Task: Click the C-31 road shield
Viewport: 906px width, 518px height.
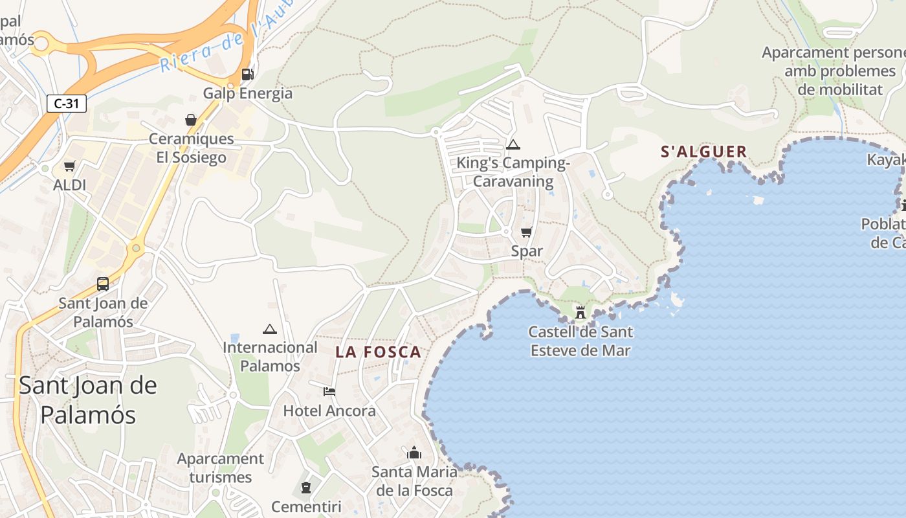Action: tap(67, 103)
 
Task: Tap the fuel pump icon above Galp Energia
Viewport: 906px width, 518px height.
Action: tap(247, 74)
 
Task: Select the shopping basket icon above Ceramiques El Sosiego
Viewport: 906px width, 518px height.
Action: tap(191, 120)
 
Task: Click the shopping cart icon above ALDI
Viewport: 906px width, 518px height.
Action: tap(69, 166)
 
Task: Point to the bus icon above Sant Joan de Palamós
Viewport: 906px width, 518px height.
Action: tap(102, 284)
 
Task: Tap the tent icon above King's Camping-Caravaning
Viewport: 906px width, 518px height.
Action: tap(513, 144)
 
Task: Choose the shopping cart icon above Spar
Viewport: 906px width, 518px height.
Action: tap(526, 232)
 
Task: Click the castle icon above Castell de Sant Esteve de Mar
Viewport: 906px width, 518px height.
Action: tap(580, 313)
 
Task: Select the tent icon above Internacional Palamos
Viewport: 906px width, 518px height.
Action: tap(270, 329)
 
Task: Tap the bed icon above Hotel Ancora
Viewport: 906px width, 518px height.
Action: tap(329, 392)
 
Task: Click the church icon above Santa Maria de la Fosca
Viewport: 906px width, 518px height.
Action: tap(414, 453)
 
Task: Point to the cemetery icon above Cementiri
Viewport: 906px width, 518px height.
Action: tap(306, 488)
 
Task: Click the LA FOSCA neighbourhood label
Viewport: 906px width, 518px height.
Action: tap(379, 352)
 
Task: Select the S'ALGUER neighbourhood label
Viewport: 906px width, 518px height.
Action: tap(703, 152)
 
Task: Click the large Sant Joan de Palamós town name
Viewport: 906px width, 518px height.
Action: tap(88, 400)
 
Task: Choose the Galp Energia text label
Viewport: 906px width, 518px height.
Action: tap(248, 93)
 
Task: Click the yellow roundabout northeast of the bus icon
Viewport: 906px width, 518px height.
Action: tap(135, 247)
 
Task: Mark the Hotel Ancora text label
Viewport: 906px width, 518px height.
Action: tap(329, 411)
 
